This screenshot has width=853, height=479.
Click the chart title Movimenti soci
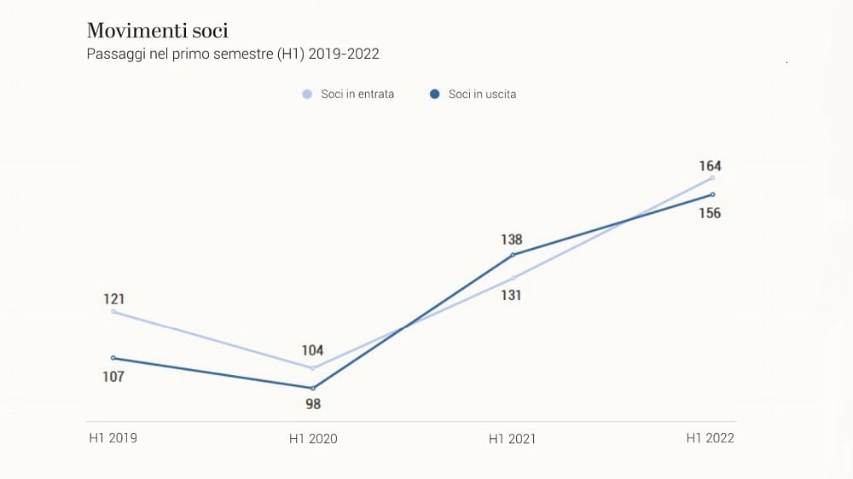(157, 32)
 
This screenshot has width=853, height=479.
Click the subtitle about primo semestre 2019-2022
(233, 55)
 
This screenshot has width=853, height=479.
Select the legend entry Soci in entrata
(357, 95)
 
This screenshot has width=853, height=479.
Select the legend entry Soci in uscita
(482, 95)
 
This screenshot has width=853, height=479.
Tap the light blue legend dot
(307, 95)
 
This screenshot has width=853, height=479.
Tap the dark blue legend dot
(434, 95)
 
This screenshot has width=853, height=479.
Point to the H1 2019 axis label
(113, 438)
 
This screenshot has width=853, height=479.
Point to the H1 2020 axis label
(313, 439)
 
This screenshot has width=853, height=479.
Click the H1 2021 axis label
(512, 439)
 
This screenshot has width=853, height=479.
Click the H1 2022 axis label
(711, 438)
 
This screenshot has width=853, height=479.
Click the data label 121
(114, 299)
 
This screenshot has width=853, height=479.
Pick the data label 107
(113, 377)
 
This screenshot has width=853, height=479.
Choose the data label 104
(313, 350)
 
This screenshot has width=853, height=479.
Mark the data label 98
(313, 404)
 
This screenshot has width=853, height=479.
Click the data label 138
(512, 239)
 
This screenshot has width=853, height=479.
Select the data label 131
(512, 296)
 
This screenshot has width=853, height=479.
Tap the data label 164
(711, 166)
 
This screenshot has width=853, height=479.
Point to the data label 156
(711, 213)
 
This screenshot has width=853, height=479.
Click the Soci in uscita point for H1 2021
(513, 255)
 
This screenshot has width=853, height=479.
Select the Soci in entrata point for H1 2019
(113, 312)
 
